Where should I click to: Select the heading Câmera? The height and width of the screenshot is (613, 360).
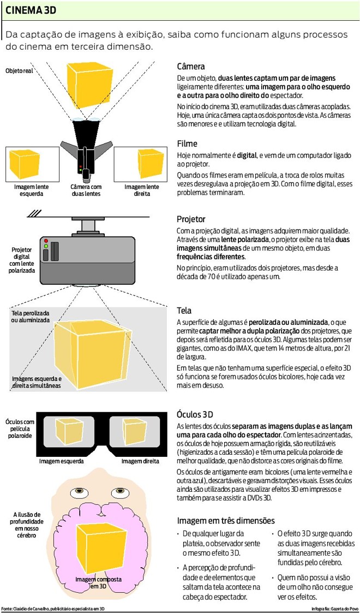pos(190,67)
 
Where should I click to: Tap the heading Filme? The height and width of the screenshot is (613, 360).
pos(187,144)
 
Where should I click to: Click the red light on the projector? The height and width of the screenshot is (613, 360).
pos(46,241)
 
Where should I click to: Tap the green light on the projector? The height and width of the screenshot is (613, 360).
pos(46,247)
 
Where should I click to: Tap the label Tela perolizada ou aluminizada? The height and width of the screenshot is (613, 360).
pos(31,317)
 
